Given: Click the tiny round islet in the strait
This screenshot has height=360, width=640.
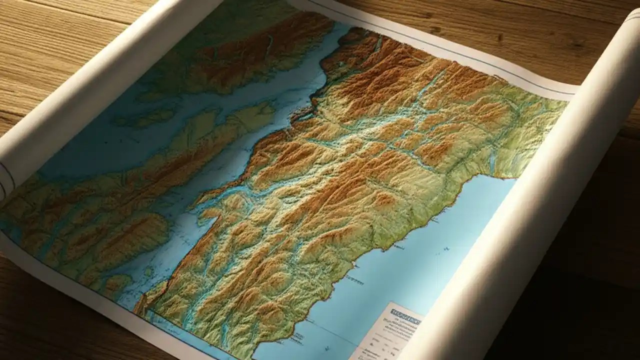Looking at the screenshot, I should click(x=148, y=272).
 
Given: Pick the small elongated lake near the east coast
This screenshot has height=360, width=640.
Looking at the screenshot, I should click(x=492, y=160).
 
